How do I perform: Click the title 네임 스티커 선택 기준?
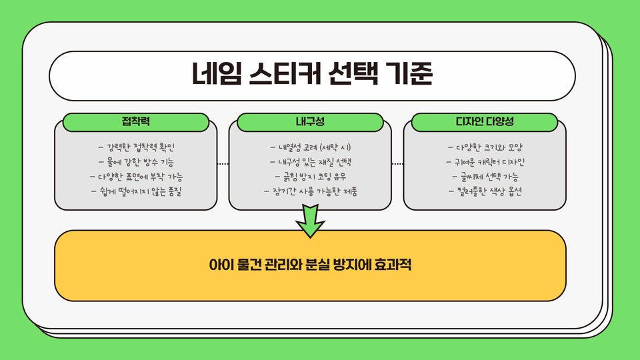point(312,75)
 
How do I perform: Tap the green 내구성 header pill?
point(310,122)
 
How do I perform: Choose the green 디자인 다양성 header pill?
point(485,122)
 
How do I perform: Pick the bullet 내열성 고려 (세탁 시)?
point(310,146)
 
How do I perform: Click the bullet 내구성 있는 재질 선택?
point(310,161)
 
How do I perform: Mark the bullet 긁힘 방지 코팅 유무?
point(310,177)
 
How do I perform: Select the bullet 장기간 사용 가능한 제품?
point(310,192)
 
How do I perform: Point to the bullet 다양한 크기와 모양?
point(485,146)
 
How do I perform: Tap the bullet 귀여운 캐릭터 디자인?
point(485,161)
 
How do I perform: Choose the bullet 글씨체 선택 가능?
point(485,177)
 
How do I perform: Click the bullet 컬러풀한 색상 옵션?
point(485,192)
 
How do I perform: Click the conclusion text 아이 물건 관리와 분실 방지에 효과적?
point(311,265)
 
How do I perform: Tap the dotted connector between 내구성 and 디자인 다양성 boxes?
point(397,163)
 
